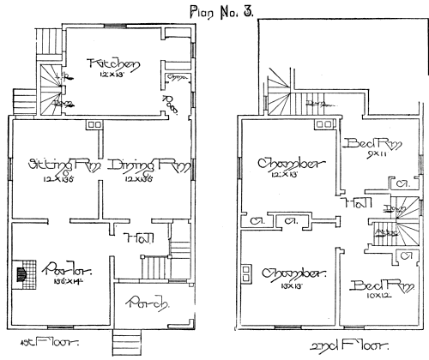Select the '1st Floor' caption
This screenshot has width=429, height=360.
click(31, 351)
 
